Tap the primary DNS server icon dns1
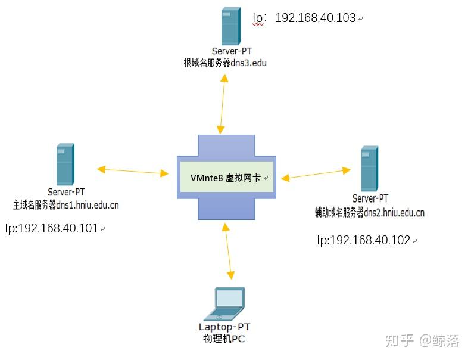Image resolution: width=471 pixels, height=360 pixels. coord(65,164)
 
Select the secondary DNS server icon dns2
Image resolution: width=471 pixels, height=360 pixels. coord(370,169)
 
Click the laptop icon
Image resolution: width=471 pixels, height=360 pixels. coord(229,304)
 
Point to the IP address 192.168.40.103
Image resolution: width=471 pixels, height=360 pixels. coord(315,18)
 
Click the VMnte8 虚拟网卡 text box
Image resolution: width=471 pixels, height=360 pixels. coord(226,177)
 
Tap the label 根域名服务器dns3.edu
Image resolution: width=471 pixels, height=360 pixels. coord(225,62)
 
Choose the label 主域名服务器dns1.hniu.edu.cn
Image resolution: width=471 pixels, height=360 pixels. coord(66,205)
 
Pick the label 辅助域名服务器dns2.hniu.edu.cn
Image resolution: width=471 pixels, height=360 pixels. coord(370,212)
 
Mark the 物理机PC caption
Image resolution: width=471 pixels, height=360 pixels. coord(224,339)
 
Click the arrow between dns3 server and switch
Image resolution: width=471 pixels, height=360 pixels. coord(223,105)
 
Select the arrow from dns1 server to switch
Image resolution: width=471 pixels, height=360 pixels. coord(133,171)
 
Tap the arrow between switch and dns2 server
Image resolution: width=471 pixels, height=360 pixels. coord(316,174)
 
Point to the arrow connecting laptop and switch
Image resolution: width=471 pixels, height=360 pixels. coord(227,250)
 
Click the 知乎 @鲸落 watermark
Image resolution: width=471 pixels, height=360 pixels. coord(422,340)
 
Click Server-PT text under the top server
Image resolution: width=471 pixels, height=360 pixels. coord(231,51)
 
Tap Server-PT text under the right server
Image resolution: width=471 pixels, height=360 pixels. coord(370,198)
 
